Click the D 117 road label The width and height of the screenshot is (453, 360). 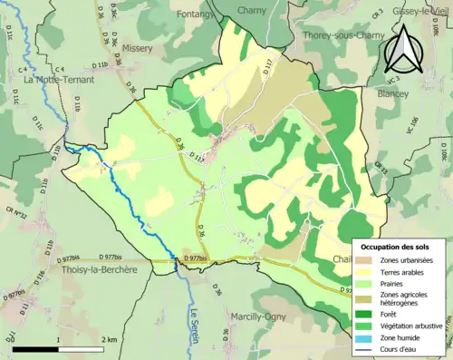(268, 65)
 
